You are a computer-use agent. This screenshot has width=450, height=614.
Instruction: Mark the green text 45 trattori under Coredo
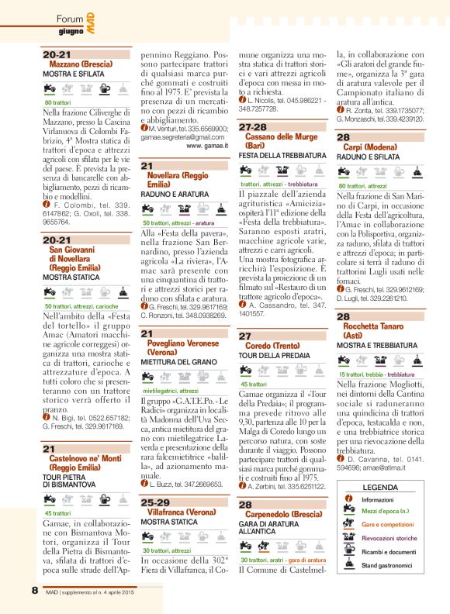tap(254, 384)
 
